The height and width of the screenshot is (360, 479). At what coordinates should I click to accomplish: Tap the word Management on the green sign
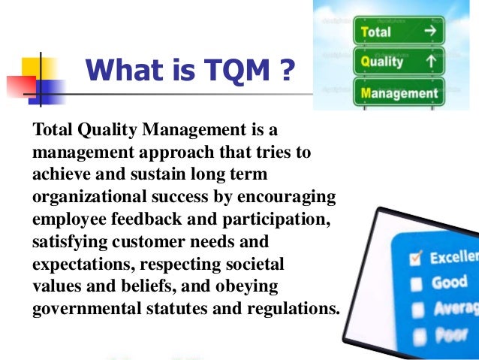point(400,94)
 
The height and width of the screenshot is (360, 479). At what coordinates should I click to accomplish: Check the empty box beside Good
point(415,284)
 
